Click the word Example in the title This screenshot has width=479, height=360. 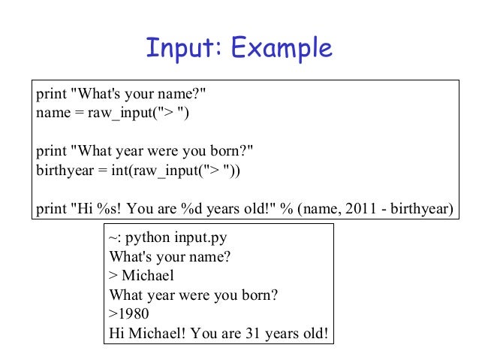tap(282, 50)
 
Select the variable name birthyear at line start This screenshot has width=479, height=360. tap(61, 171)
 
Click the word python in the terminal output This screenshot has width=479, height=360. tap(146, 239)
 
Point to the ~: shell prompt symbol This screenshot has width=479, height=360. tap(114, 239)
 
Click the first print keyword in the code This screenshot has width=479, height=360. tap(50, 95)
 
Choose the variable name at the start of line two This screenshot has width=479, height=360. tap(50, 114)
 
